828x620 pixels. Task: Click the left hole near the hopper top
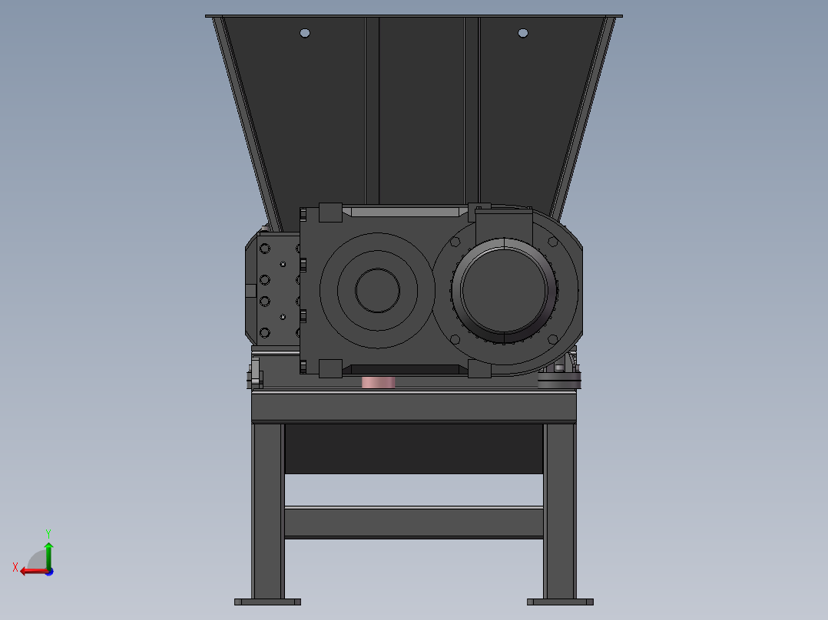coord(305,33)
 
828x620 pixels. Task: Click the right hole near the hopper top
coord(523,33)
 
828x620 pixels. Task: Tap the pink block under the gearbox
coord(378,381)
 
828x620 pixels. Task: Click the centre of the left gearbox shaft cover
coord(377,290)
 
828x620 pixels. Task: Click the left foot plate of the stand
coord(267,602)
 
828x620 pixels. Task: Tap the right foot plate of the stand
coord(560,602)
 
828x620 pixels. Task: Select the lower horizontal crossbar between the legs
coord(414,522)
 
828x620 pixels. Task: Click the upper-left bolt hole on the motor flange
coord(455,242)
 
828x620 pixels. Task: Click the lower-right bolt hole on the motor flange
coord(552,338)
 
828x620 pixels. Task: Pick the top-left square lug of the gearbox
coord(330,213)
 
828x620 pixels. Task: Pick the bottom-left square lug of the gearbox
coord(330,368)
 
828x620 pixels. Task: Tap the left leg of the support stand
coord(267,510)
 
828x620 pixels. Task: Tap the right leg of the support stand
coord(560,510)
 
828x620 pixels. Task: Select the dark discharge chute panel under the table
coord(414,449)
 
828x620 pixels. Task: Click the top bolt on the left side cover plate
coord(265,249)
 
